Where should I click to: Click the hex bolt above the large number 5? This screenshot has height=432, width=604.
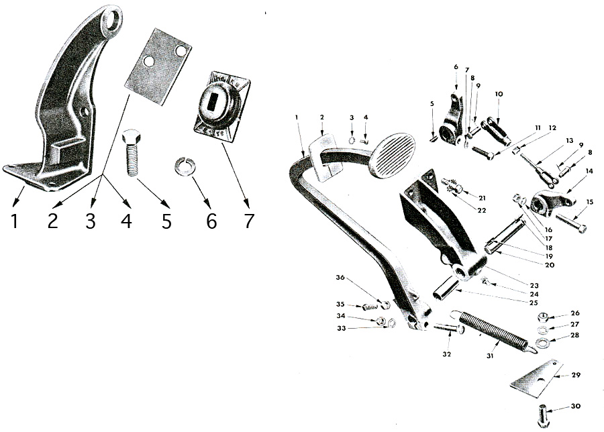133,152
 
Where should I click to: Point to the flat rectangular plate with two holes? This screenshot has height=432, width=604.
158,65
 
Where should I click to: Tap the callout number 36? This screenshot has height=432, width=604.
340,278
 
